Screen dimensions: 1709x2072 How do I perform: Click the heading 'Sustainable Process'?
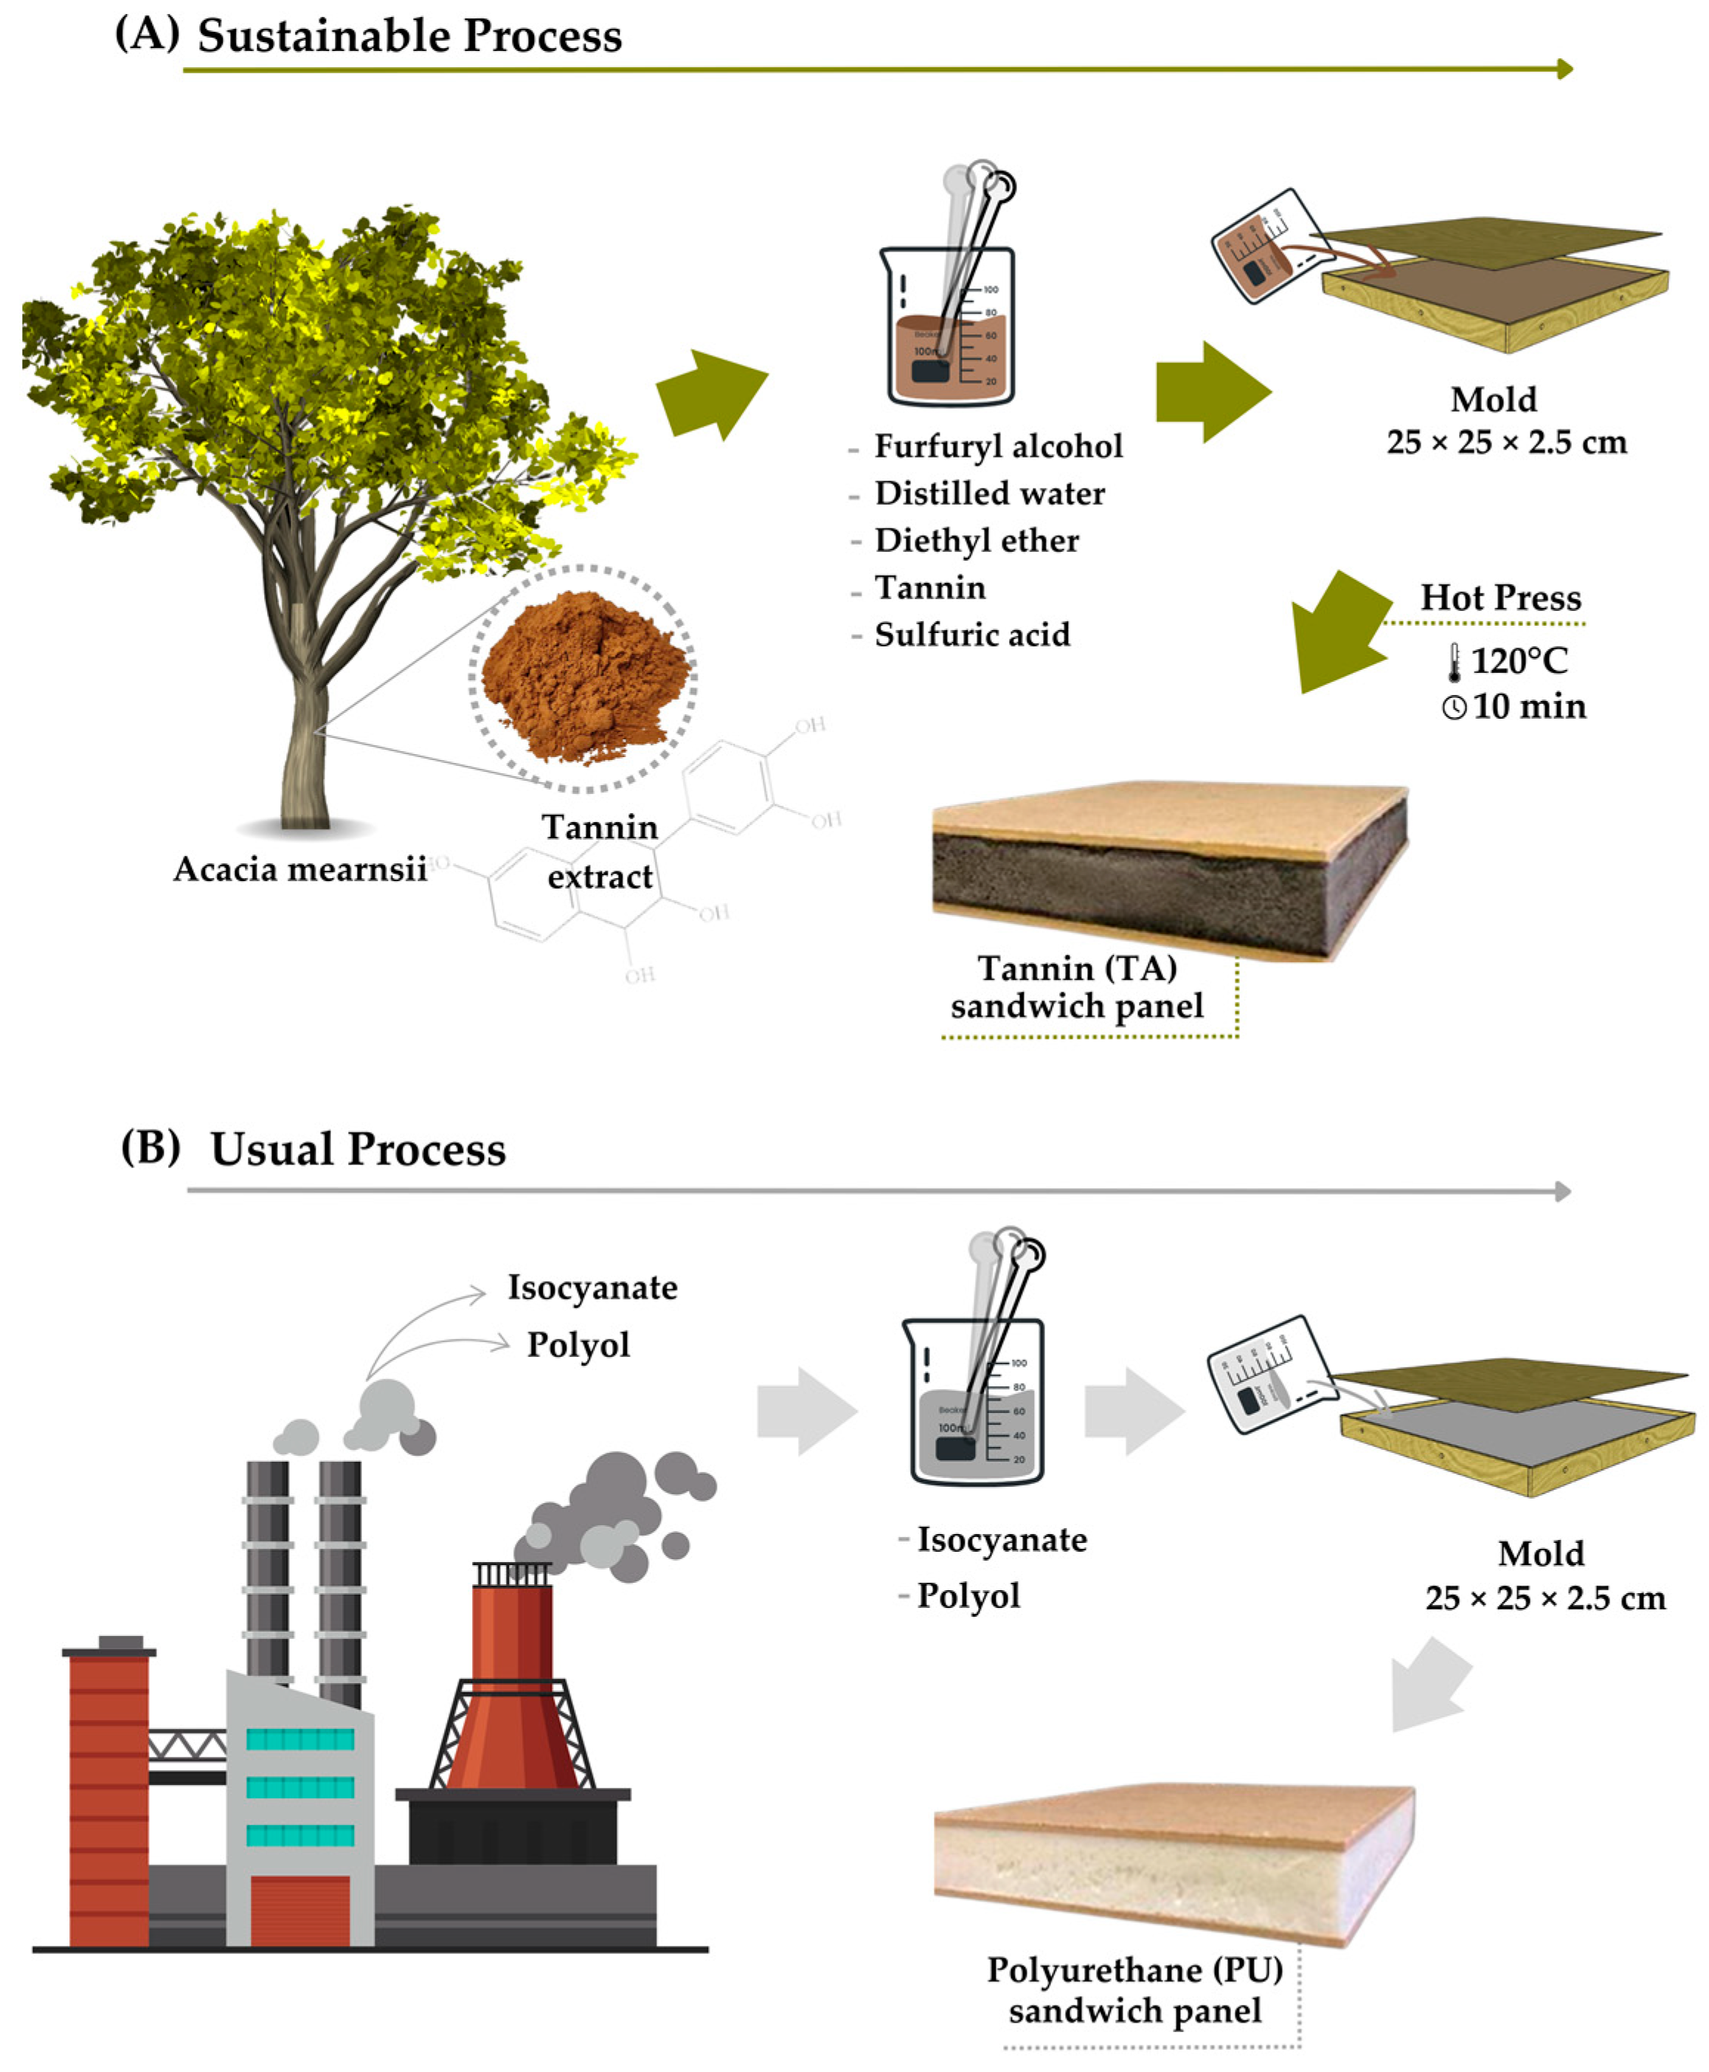point(409,35)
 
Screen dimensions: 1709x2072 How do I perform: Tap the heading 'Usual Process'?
point(358,1149)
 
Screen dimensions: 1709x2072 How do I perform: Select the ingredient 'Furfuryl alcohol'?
point(998,447)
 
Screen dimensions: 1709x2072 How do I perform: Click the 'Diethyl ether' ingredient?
point(977,541)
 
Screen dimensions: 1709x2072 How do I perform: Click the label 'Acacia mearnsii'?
point(300,869)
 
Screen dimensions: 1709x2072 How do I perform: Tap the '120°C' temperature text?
point(1519,661)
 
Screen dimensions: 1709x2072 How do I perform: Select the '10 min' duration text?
point(1529,706)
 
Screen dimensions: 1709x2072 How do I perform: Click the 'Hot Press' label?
point(1500,598)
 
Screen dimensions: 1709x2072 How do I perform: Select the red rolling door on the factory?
point(300,1910)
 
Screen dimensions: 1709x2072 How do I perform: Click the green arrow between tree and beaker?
point(711,394)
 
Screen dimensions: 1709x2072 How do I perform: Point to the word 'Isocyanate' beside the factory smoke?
point(592,1288)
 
